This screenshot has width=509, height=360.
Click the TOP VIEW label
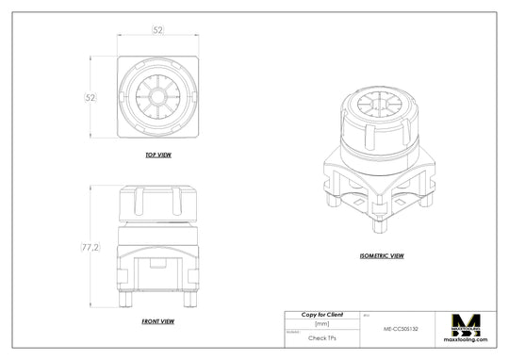point(157,154)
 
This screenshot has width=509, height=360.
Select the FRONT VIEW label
point(157,321)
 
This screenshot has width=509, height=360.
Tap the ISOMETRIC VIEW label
point(382,254)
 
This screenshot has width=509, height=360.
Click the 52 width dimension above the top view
point(157,31)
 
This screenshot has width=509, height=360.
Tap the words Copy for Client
point(321,314)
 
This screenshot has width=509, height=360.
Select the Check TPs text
point(321,336)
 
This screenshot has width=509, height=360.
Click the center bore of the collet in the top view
point(157,94)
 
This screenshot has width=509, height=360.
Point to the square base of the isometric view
point(376,184)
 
